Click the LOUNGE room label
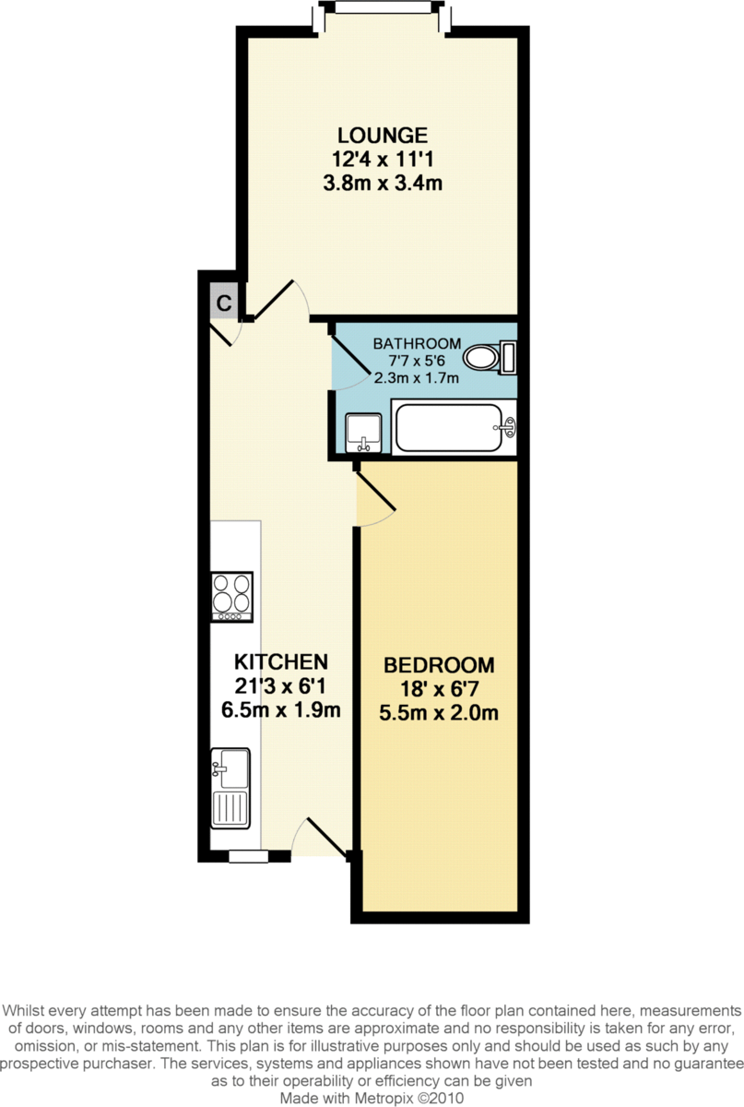[381, 135]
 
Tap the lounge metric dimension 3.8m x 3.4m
[381, 183]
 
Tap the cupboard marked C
[223, 302]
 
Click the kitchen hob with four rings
[231, 597]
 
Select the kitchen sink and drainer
[230, 787]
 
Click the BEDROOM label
[439, 665]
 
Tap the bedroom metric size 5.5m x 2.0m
[439, 712]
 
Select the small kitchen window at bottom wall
[248, 856]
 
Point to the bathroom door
[347, 358]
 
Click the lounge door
[278, 300]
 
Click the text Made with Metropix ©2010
[372, 1099]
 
